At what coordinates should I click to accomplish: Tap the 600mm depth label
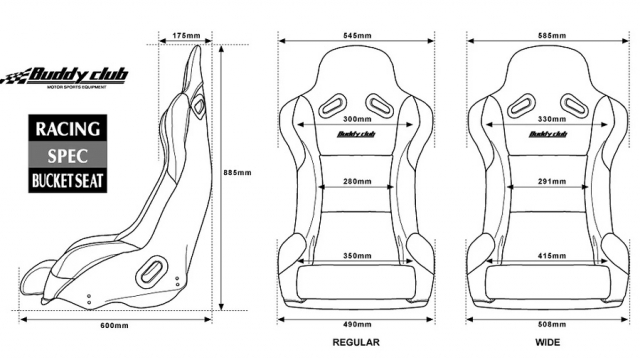(114, 326)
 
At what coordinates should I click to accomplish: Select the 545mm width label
(357, 35)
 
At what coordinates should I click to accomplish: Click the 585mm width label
(547, 35)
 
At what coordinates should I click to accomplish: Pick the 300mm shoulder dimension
(357, 119)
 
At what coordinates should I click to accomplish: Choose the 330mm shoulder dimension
(547, 119)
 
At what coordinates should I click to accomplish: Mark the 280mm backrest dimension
(357, 183)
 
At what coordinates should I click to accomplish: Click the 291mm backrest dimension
(547, 183)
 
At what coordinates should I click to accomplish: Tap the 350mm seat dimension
(357, 256)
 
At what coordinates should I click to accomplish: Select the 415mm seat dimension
(547, 256)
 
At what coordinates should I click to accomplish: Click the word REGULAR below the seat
(357, 342)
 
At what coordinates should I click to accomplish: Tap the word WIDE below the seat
(547, 342)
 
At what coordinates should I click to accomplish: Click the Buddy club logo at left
(62, 76)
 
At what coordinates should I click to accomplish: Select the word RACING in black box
(68, 129)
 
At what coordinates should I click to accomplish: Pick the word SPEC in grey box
(68, 156)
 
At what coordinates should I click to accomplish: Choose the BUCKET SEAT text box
(68, 182)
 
